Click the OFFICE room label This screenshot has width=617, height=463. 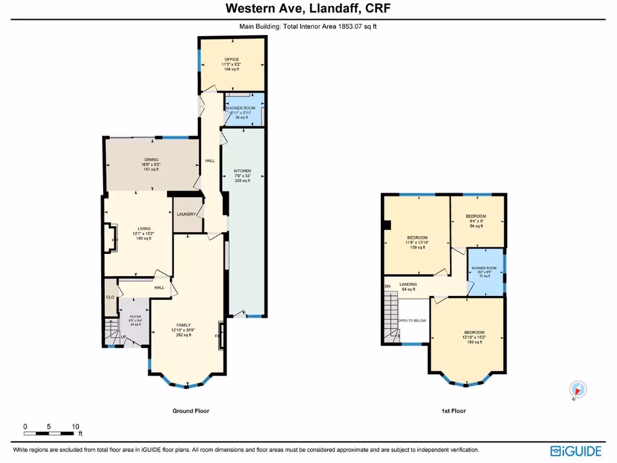231,60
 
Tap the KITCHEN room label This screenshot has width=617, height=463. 242,171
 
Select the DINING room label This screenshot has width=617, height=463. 151,160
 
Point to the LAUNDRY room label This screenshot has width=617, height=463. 186,214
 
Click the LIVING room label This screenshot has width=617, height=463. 143,228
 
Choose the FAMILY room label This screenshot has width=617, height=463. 183,325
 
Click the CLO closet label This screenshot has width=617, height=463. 110,297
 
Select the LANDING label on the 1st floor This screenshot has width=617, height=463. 408,285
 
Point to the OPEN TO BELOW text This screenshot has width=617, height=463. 412,321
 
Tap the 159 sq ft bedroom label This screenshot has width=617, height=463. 417,238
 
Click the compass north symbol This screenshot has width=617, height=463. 577,390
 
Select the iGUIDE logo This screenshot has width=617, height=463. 577,450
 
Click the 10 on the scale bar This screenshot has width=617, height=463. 76,426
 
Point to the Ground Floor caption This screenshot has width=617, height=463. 190,411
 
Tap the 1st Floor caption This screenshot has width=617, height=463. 453,411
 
